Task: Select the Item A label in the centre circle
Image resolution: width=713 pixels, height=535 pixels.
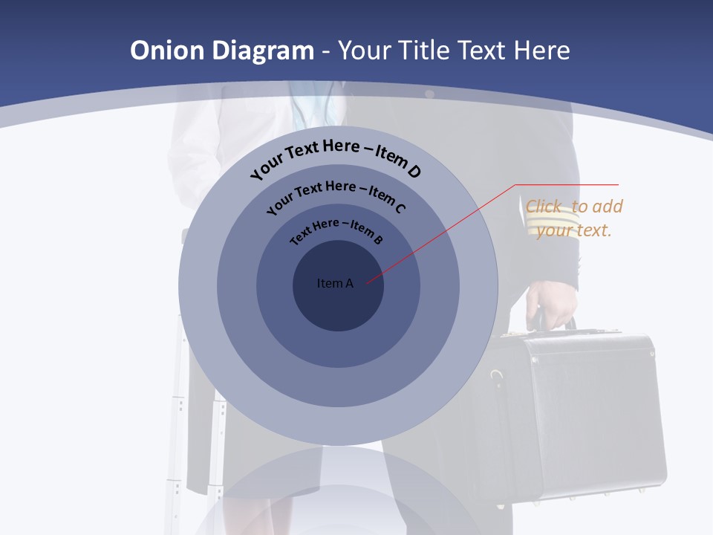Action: [x=335, y=283]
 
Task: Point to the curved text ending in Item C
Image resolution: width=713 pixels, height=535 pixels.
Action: [x=336, y=195]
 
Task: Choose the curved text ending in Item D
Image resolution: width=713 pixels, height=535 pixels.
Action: [x=336, y=158]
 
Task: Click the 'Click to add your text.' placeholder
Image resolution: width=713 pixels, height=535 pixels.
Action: [x=574, y=218]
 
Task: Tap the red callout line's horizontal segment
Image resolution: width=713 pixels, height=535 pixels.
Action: [x=567, y=184]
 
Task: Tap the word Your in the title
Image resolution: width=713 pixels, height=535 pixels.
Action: [x=365, y=51]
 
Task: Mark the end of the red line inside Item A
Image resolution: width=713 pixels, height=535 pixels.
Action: [x=367, y=281]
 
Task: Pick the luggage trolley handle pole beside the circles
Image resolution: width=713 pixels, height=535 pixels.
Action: [x=179, y=386]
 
